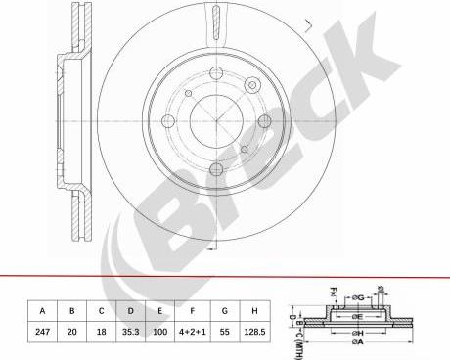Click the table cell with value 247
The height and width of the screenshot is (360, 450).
(x=42, y=333)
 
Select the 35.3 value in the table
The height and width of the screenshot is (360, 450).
(x=129, y=333)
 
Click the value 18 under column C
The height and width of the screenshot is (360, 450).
(x=100, y=333)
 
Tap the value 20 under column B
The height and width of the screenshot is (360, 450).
(x=71, y=333)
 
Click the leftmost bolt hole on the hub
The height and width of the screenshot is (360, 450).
(x=168, y=122)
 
